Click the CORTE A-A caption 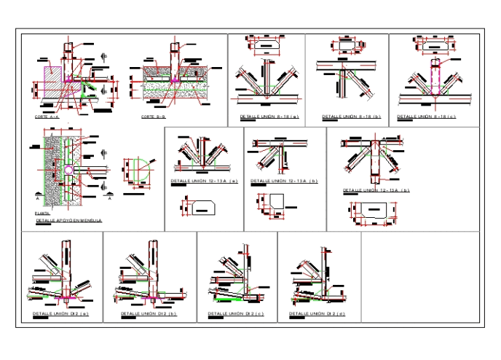[47, 117]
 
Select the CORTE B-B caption [154, 117]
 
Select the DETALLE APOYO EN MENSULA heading [69, 219]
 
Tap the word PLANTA [43, 213]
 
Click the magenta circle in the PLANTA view [66, 168]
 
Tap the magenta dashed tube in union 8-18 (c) [435, 76]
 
